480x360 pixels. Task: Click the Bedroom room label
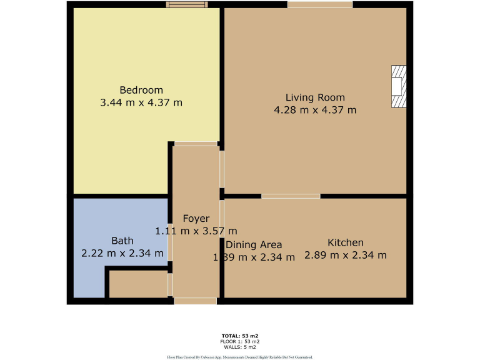(x=141, y=89)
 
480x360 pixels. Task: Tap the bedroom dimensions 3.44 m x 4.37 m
(x=141, y=102)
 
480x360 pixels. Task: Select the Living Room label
(x=315, y=97)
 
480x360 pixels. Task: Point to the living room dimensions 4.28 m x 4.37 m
(x=315, y=111)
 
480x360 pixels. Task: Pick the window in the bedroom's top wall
(x=187, y=5)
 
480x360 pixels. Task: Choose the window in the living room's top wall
(x=320, y=5)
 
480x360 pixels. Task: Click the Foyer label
(x=196, y=219)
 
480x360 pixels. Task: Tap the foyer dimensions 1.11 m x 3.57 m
(x=196, y=231)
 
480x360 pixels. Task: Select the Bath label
(x=122, y=241)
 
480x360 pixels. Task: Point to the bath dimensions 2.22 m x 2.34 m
(x=122, y=254)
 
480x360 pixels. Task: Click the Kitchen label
(x=345, y=242)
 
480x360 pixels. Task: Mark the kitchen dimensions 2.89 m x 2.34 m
(x=345, y=255)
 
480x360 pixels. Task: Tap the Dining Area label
(x=254, y=244)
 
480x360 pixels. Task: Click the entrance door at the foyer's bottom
(x=196, y=301)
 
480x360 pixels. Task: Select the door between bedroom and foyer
(x=196, y=144)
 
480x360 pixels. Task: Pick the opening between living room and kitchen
(x=291, y=196)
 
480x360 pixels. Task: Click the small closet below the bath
(x=138, y=284)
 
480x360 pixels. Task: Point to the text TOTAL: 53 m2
(x=240, y=336)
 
